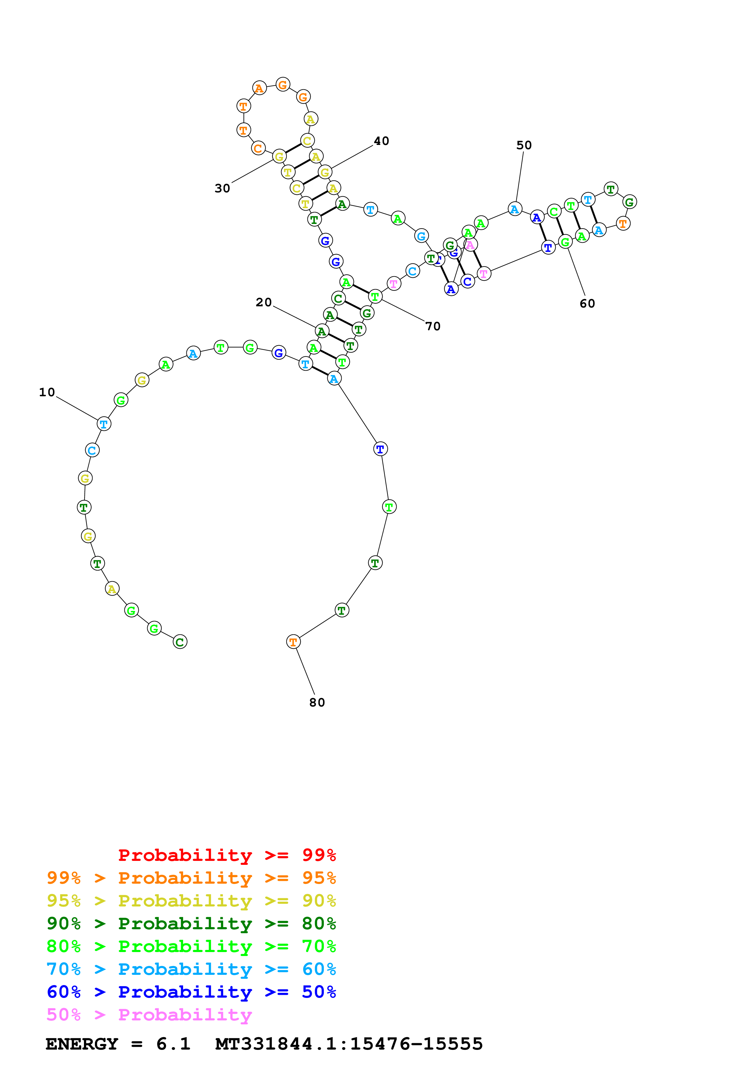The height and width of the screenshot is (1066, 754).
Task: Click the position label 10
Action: [47, 392]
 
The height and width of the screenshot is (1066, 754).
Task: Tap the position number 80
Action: [317, 703]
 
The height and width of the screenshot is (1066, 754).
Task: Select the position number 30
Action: [222, 188]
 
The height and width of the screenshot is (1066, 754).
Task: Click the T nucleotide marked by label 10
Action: [104, 424]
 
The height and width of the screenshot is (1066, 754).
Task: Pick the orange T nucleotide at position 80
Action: [293, 642]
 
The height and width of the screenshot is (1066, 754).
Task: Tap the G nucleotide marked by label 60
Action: [565, 242]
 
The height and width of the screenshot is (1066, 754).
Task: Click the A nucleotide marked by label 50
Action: [514, 209]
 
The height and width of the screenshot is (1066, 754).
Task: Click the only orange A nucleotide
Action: [259, 88]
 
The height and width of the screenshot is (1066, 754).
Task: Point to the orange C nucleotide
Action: [258, 149]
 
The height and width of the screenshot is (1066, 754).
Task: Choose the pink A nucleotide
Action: [470, 245]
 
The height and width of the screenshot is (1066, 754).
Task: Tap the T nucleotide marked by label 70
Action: [375, 296]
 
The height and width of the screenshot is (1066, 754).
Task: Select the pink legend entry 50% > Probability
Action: [149, 1014]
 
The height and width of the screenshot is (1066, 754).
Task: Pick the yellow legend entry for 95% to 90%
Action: [191, 900]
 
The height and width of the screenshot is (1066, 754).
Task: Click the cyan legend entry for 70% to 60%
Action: [191, 969]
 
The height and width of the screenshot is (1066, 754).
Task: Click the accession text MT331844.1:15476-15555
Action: [349, 1044]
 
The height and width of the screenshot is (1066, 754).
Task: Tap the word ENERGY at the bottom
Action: [82, 1044]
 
